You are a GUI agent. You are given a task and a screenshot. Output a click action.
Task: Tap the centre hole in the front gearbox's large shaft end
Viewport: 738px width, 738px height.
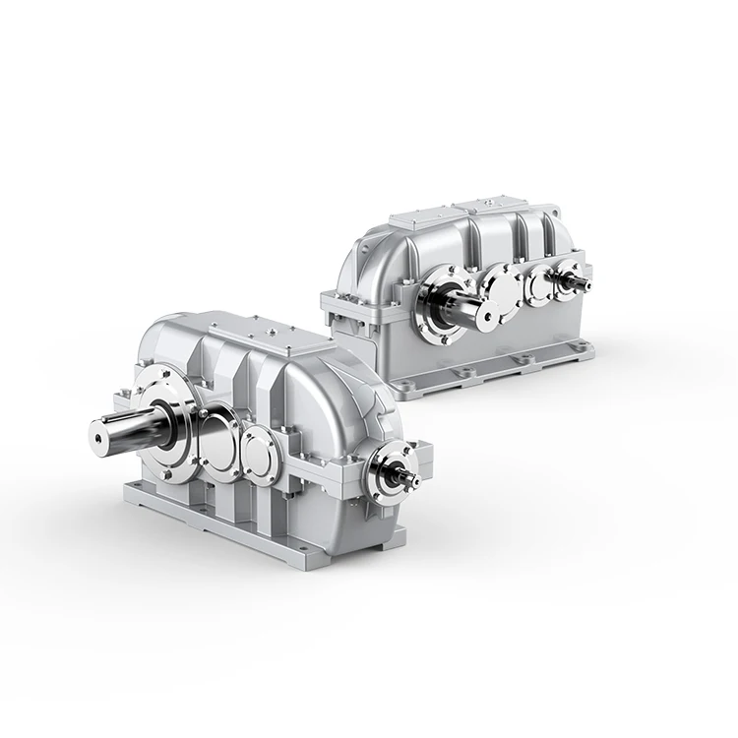point(99,428)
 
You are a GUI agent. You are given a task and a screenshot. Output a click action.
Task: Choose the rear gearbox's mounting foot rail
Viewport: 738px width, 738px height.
point(492,369)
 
